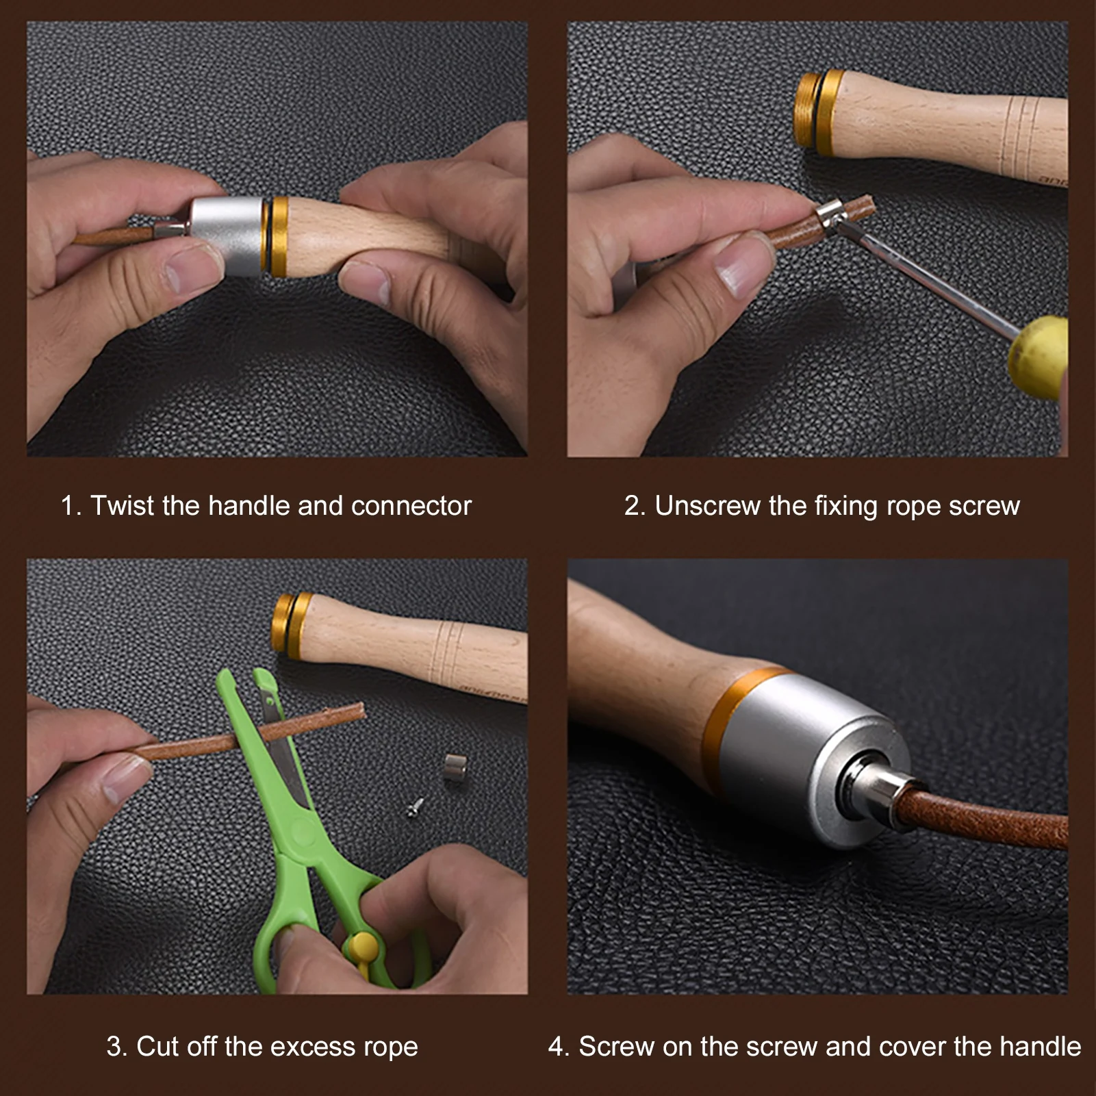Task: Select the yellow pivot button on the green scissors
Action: coord(362,947)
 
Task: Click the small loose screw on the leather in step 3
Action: coord(416,808)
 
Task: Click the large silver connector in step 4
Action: coord(808,753)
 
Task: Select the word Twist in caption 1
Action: coord(123,506)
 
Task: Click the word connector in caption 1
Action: coord(411,506)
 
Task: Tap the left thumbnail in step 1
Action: coord(185,270)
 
